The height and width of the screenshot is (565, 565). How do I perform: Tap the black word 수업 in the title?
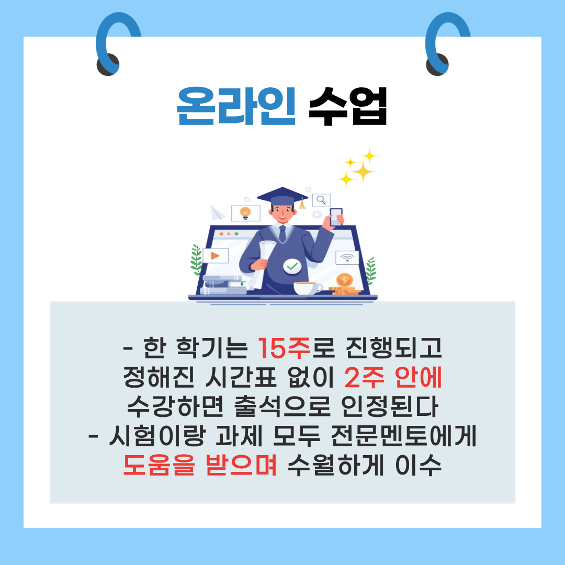click(x=348, y=107)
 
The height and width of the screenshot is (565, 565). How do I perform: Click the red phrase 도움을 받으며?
click(x=200, y=465)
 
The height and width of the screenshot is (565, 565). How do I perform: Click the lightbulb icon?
click(x=245, y=213)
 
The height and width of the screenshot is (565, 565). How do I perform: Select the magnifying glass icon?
click(x=321, y=199)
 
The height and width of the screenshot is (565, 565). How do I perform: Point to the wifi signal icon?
click(x=346, y=258)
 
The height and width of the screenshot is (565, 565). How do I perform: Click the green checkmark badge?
click(x=292, y=267)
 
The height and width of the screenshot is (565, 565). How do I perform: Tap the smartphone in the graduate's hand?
click(x=336, y=217)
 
